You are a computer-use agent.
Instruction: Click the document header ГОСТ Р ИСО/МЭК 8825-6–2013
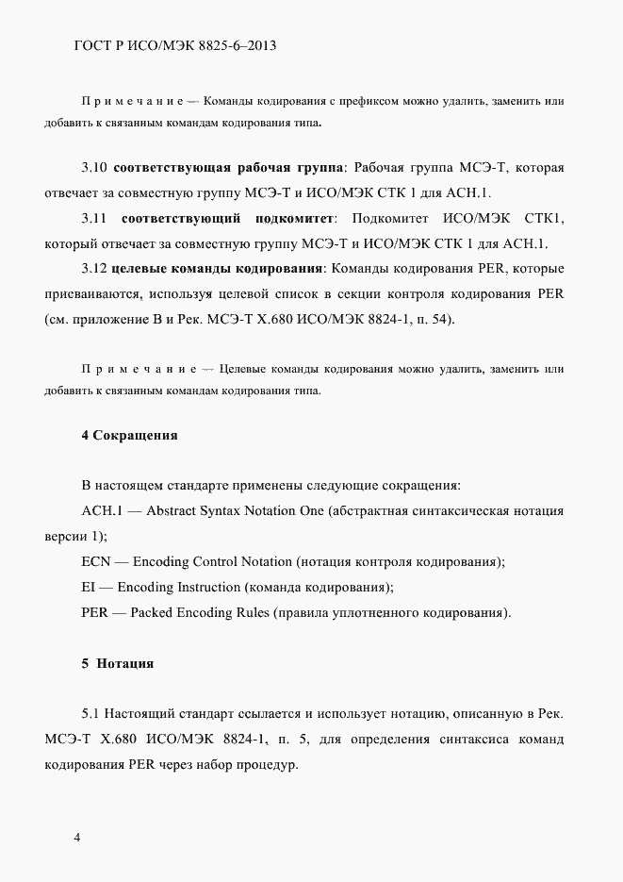[x=168, y=44]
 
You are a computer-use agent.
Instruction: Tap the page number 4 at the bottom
[x=77, y=836]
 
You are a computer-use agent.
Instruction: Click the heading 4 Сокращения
[x=129, y=435]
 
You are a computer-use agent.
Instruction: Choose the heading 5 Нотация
[x=118, y=663]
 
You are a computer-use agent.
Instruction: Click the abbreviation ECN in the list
[x=96, y=562]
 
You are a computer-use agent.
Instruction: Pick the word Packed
[x=152, y=613]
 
